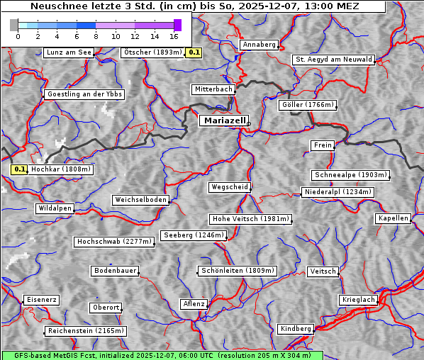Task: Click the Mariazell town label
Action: coord(224,120)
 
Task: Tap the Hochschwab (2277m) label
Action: coord(114,242)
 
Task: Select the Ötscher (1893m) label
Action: coord(152,52)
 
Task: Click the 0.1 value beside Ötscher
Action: coord(194,52)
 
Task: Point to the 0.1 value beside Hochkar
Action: coord(20,169)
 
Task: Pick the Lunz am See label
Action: coord(69,52)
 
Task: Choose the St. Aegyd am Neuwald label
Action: coord(333,60)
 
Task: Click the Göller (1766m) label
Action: coord(307,105)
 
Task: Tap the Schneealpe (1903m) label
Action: coord(350,175)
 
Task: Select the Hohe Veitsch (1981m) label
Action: coord(250,219)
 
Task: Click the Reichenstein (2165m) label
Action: coord(86,331)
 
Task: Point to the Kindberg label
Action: coord(296,329)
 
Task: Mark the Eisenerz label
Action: coord(41,300)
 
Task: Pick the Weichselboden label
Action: coord(141,200)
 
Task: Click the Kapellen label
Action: coord(393,218)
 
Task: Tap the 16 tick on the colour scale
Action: coord(174,35)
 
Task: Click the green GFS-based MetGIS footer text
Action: coord(162,355)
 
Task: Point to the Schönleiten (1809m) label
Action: coord(238,271)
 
